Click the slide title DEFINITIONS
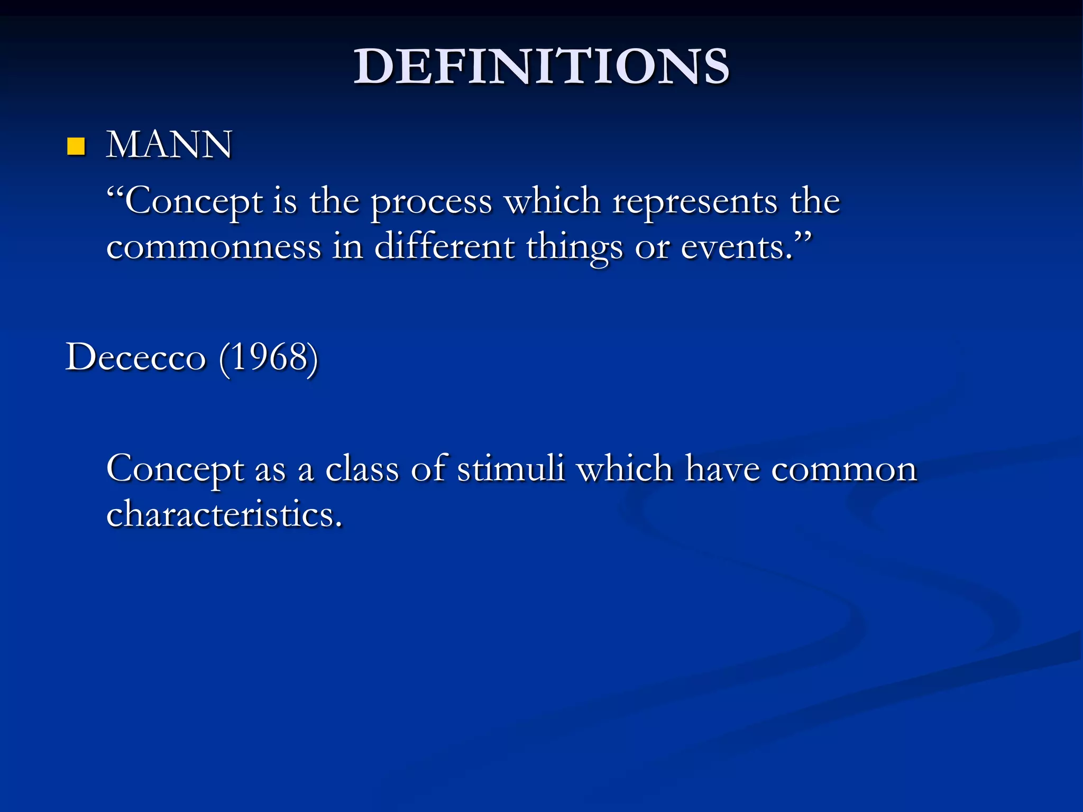tap(541, 67)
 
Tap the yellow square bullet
tap(76, 146)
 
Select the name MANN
tap(169, 144)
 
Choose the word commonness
tap(214, 247)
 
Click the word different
tap(444, 247)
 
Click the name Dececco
tap(135, 357)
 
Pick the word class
tap(362, 469)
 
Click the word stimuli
tap(511, 468)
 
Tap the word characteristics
tap(224, 514)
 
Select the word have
tap(722, 468)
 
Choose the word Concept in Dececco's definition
tap(175, 469)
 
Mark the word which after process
tap(552, 202)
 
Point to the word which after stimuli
tap(625, 468)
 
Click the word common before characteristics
tap(844, 469)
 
